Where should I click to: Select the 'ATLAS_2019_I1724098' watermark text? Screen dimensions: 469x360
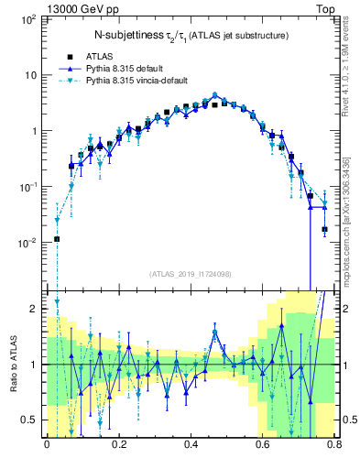190,273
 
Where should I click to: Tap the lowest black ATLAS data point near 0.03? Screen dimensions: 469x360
57,239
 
